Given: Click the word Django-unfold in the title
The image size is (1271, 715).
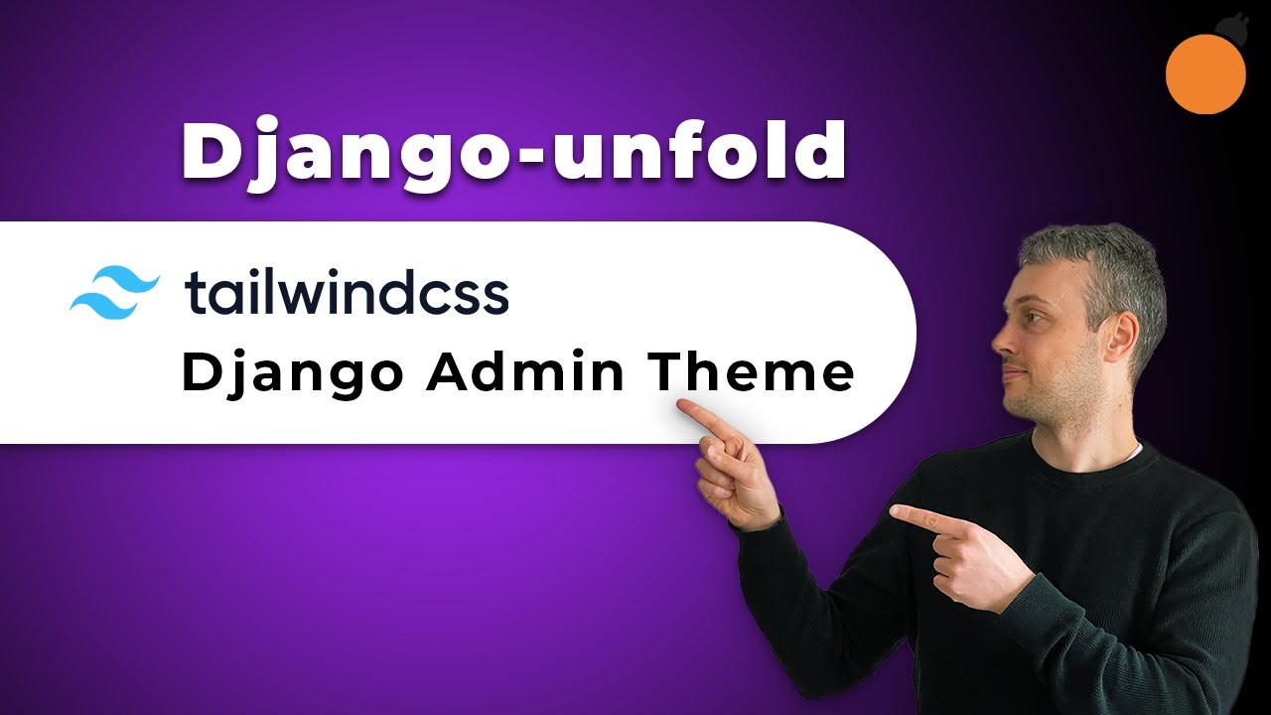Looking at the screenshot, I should [x=512, y=151].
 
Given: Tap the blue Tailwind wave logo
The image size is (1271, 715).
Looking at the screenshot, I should [x=114, y=292].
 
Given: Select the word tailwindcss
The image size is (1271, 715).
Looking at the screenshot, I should [x=347, y=294].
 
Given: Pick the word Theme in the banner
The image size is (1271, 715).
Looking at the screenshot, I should [x=752, y=374].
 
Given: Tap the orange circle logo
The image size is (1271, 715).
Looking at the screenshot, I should [x=1204, y=73].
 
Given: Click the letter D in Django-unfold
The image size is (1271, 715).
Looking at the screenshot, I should [x=207, y=151].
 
